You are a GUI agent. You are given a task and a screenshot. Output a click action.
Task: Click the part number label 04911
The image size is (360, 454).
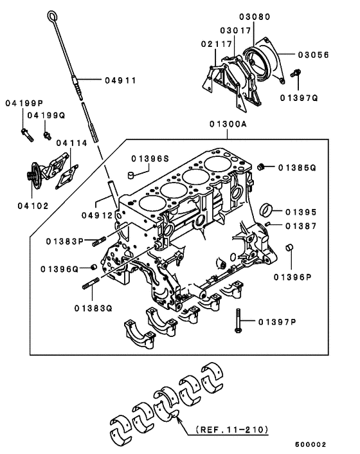coord(122,81)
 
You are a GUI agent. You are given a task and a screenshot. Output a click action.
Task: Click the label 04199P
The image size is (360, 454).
coord(24,104)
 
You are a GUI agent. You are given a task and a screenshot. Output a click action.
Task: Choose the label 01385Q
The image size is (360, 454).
coord(298,167)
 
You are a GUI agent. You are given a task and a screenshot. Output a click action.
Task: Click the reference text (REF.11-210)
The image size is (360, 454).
coord(224,426)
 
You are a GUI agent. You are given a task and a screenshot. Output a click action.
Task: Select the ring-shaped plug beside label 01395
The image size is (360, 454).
coord(265,210)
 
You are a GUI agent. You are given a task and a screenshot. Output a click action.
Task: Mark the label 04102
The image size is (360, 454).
coord(29,207)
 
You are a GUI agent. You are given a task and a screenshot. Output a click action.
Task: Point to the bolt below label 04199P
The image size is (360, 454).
coord(25,134)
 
